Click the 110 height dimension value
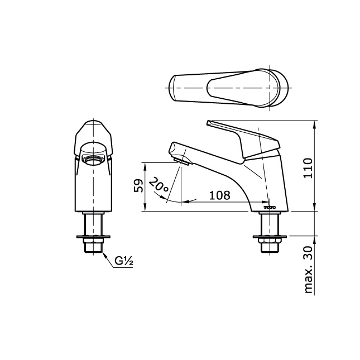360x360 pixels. pos(308,168)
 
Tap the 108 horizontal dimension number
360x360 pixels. pos(219,195)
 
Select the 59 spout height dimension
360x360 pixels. pos(138,186)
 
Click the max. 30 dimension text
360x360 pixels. pos(308,270)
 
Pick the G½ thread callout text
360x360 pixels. pos(124,261)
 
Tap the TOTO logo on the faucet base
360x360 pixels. pos(270,207)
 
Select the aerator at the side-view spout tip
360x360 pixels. pos(181,162)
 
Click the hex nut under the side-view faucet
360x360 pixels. pos(270,241)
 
